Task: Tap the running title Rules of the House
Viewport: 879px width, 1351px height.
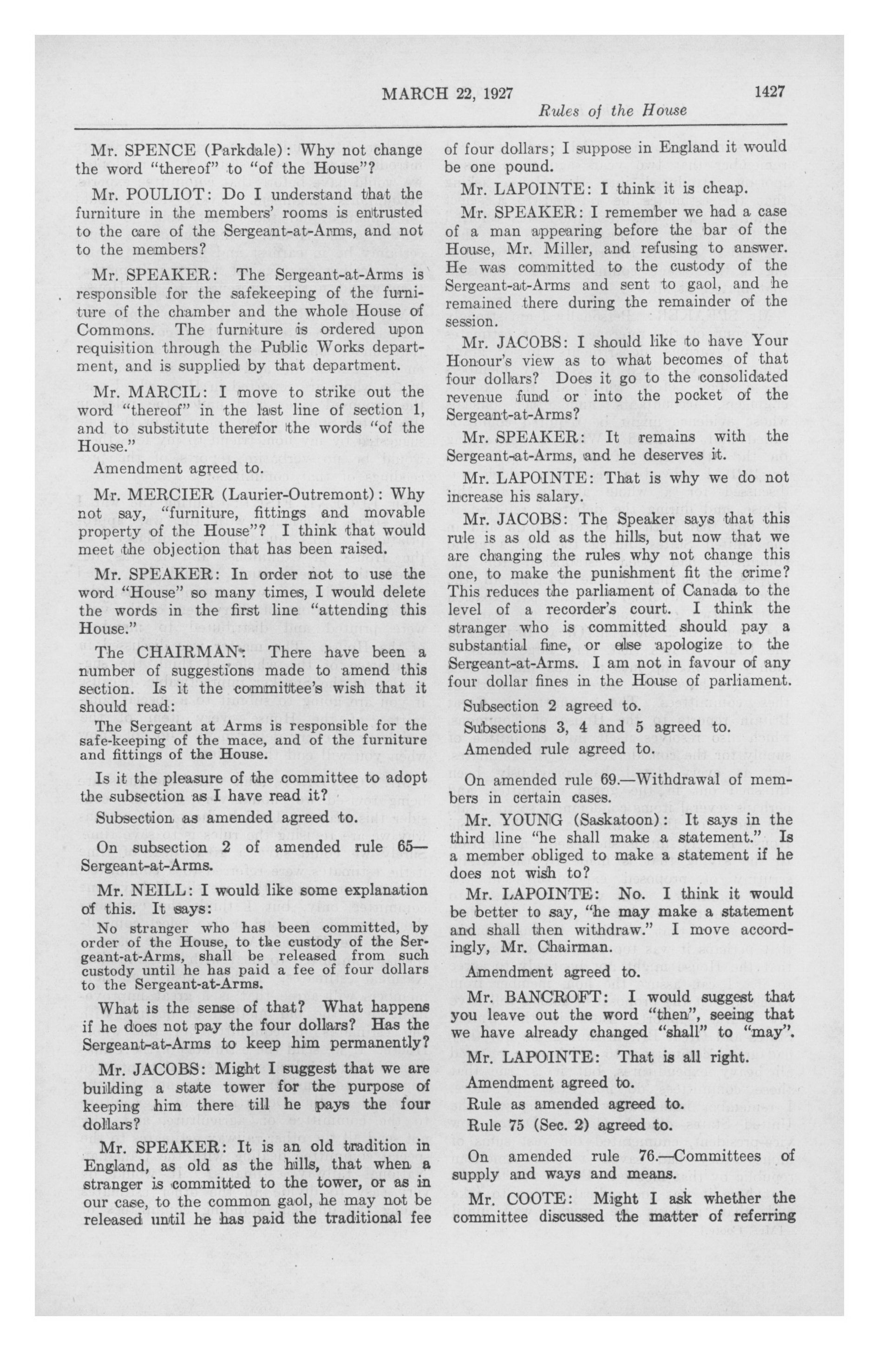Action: tap(611, 110)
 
